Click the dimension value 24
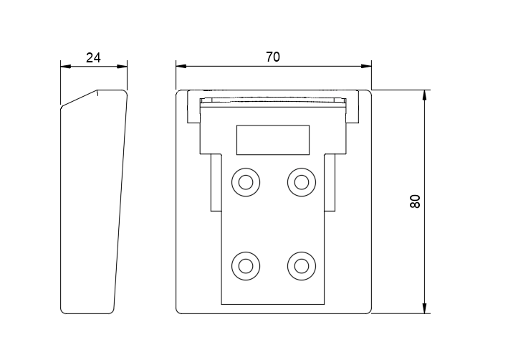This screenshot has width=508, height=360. [x=93, y=57]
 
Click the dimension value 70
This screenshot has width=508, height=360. [x=272, y=57]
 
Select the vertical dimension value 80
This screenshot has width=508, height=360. [x=415, y=202]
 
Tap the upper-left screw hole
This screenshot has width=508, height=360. [x=246, y=181]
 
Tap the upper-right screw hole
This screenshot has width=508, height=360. [x=302, y=181]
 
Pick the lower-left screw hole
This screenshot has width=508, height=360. [x=246, y=266]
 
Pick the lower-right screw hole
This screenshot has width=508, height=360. [x=302, y=266]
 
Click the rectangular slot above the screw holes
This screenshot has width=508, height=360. [x=273, y=139]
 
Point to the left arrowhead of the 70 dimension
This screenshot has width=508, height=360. [x=181, y=67]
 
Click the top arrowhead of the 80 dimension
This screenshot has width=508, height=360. [x=426, y=95]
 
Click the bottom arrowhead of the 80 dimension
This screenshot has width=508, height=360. [x=426, y=308]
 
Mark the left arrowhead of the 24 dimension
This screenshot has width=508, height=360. [x=65, y=67]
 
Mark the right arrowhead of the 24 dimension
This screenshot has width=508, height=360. [x=123, y=67]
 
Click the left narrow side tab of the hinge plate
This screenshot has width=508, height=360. [x=216, y=183]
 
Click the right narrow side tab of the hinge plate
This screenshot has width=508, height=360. [x=330, y=183]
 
